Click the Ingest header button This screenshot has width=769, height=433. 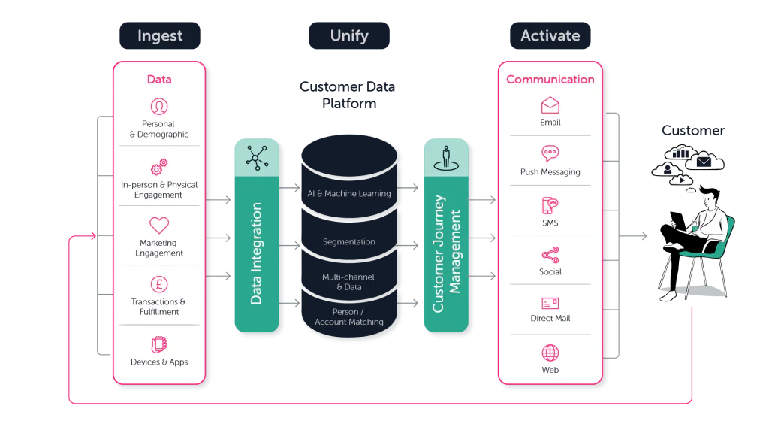point(160,35)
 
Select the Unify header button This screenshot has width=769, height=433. point(349,35)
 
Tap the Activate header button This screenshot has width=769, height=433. point(550,35)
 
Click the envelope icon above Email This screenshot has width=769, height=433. point(550,105)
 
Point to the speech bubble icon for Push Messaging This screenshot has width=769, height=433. point(550,153)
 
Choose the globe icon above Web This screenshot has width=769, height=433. point(550,353)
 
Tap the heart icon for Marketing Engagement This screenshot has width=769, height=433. point(159,226)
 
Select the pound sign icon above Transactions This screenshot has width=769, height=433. point(159,284)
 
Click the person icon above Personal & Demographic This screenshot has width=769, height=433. point(159,107)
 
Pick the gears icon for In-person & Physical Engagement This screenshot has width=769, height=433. point(159,167)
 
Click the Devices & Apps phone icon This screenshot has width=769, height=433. point(159,344)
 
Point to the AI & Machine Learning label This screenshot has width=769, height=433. point(349,193)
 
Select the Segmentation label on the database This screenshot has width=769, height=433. point(349,241)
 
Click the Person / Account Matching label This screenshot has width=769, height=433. point(349,316)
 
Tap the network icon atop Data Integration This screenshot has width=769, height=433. point(257,158)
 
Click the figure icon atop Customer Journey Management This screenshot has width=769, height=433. point(446,158)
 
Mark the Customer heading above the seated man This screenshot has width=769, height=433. point(693,130)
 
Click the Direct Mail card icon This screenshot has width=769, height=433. point(550,304)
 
